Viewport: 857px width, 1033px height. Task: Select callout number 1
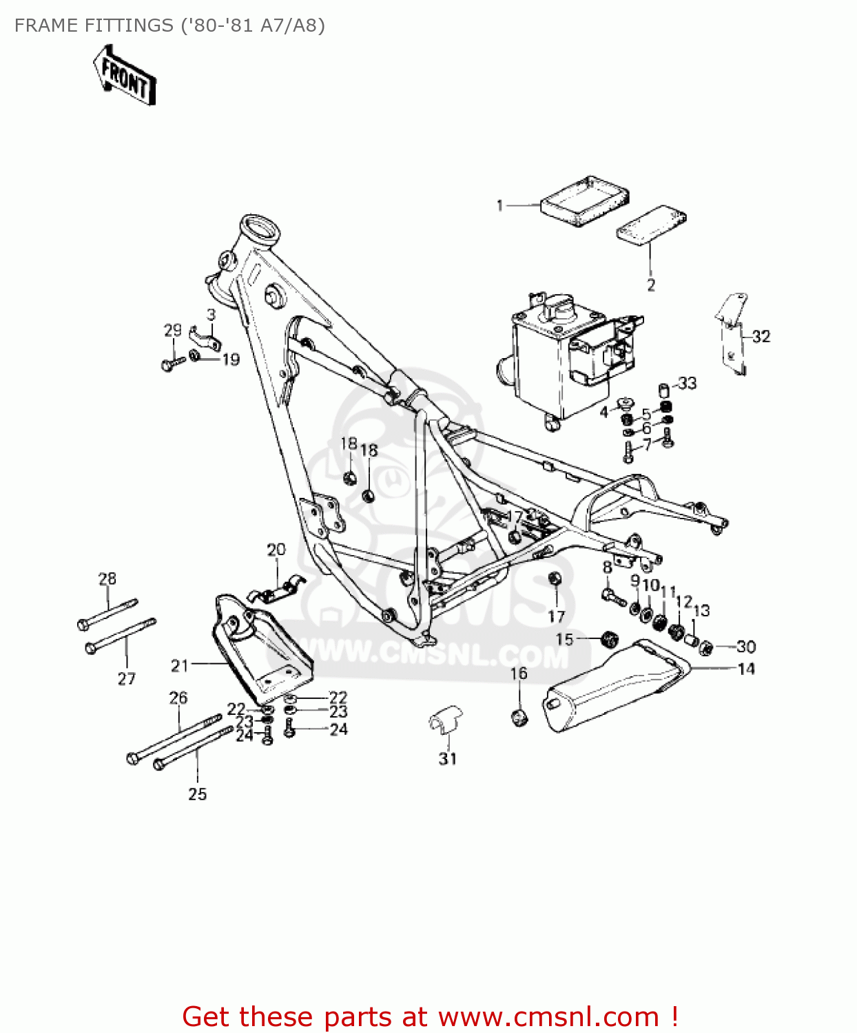(500, 205)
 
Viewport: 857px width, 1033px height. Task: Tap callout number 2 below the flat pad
(651, 284)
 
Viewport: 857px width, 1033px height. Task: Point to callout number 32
(761, 336)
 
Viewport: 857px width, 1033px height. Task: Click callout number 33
(687, 383)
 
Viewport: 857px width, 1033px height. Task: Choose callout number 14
(746, 668)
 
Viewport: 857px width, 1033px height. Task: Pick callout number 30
(746, 647)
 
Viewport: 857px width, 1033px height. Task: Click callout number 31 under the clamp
(448, 758)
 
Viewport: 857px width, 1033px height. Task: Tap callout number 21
(180, 665)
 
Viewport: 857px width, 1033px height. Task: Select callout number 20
(276, 550)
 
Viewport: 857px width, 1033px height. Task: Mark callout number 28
(107, 578)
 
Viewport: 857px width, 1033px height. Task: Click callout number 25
(198, 793)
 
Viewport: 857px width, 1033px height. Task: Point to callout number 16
(519, 673)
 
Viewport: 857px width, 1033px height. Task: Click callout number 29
(172, 330)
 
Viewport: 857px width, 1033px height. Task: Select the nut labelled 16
(520, 717)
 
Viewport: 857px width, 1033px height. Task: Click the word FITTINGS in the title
(130, 25)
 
